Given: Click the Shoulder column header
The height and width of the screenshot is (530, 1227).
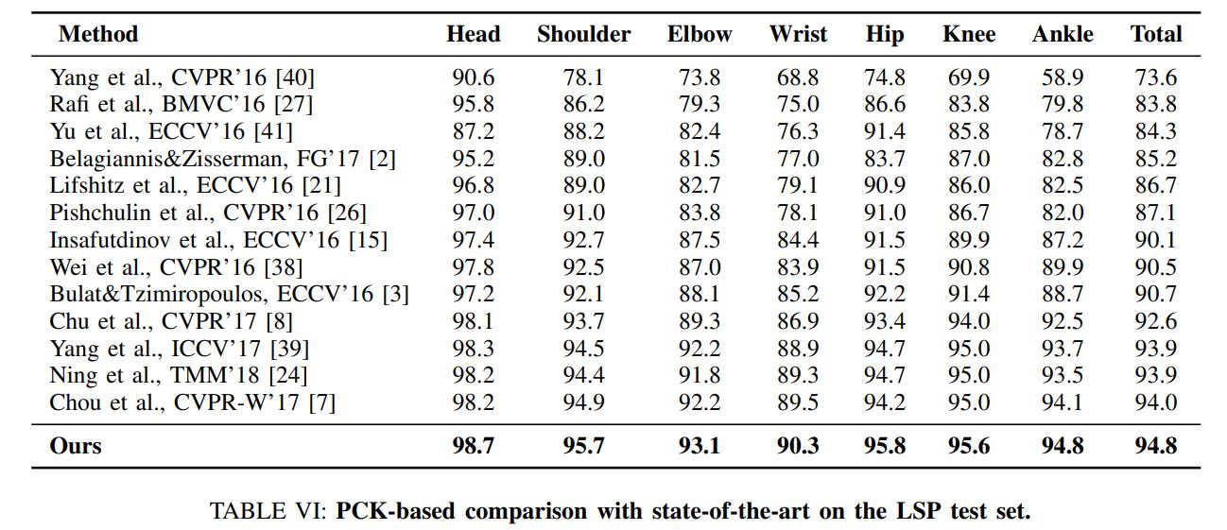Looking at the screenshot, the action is click(x=583, y=34).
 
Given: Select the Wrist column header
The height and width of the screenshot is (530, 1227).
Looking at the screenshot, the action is click(x=798, y=34).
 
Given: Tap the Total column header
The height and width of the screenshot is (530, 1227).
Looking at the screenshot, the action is click(x=1156, y=34).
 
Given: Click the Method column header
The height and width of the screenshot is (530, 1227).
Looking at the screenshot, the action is click(x=98, y=34).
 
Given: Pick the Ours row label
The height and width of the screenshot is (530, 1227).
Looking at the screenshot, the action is click(x=75, y=446).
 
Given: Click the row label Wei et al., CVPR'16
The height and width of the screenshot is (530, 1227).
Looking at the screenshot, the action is click(x=176, y=267).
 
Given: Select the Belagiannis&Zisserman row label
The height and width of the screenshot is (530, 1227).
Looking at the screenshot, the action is click(x=222, y=159).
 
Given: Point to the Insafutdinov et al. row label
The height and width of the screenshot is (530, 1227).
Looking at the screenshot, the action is click(x=218, y=240).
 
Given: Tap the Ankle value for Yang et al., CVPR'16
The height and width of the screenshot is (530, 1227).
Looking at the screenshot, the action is click(x=1063, y=77).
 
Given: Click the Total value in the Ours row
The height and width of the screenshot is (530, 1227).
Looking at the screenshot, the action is click(x=1156, y=446).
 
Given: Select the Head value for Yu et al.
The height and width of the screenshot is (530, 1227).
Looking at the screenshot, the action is click(x=474, y=131).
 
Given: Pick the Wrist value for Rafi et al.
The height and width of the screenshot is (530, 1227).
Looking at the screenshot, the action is click(x=798, y=104).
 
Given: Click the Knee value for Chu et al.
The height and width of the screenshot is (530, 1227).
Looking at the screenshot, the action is click(x=969, y=321).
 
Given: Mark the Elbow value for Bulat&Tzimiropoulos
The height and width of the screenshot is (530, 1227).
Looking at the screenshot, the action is click(x=700, y=294).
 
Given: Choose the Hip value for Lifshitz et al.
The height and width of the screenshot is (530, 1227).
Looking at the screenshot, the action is click(x=885, y=185).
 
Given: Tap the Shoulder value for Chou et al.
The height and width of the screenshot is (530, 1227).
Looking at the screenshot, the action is click(x=583, y=402).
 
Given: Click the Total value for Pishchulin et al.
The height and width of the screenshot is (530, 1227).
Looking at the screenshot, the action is click(x=1156, y=213).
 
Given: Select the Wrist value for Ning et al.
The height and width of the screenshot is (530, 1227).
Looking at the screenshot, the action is click(x=798, y=375).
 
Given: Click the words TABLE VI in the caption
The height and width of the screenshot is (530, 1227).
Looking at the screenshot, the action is click(x=268, y=511).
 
